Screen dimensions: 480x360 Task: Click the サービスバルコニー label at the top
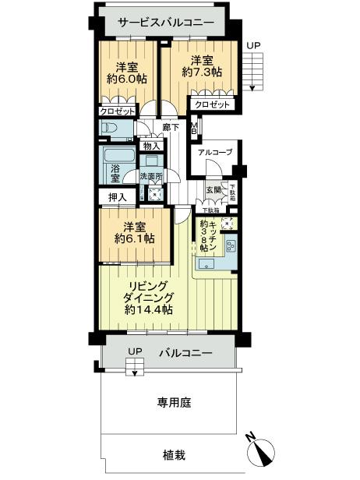coord(166,22)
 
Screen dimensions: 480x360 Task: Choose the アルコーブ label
coord(214,153)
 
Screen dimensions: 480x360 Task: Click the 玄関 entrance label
coord(214,189)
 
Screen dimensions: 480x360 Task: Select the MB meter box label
coord(195,127)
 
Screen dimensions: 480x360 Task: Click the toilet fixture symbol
coord(111,129)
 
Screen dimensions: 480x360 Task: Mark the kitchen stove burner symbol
coord(227,224)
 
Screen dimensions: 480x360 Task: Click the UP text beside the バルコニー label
coord(135,352)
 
